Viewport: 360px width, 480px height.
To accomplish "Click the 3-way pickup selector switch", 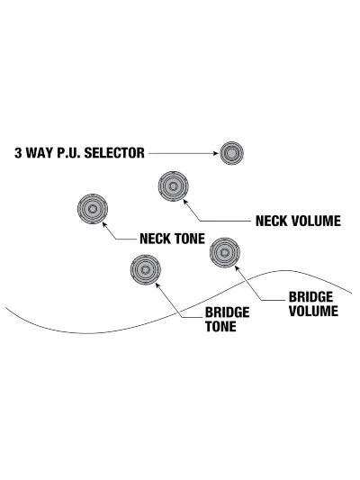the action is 231,153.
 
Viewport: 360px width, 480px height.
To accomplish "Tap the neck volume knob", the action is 173,186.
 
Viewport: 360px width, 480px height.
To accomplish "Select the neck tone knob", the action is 93,209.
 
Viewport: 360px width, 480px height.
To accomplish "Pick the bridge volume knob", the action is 225,252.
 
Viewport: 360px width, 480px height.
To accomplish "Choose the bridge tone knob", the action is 145,269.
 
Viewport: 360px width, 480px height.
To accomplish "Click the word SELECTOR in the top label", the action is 114,153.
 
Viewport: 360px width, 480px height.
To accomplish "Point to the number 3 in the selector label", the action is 18,153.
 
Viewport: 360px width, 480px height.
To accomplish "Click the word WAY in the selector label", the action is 40,153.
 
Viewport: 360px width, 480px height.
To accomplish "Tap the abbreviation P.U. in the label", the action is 69,153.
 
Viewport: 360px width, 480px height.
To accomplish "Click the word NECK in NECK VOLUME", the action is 271,221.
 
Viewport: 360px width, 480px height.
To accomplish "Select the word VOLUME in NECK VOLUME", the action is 315,221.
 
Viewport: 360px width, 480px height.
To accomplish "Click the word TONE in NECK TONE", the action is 189,239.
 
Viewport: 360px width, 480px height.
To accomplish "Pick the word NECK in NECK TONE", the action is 155,239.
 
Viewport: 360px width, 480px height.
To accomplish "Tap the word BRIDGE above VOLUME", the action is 310,297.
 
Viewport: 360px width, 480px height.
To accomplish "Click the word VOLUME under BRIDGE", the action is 313,311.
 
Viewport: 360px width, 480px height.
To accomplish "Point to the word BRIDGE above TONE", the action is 228,312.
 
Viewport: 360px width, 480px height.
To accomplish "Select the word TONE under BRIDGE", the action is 220,326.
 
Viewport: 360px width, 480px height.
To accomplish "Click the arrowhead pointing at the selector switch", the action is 216,153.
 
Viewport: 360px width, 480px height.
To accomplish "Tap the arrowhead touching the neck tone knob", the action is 104,225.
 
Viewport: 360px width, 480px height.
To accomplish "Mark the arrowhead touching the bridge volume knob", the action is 237,268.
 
